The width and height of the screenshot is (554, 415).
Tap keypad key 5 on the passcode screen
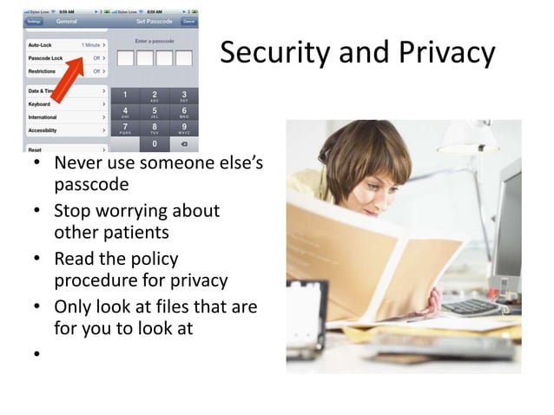tap(155, 113)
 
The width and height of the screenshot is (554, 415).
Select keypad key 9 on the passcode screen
tap(184, 129)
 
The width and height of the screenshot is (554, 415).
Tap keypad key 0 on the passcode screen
tap(155, 144)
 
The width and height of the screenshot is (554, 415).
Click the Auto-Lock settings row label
tap(40, 43)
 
